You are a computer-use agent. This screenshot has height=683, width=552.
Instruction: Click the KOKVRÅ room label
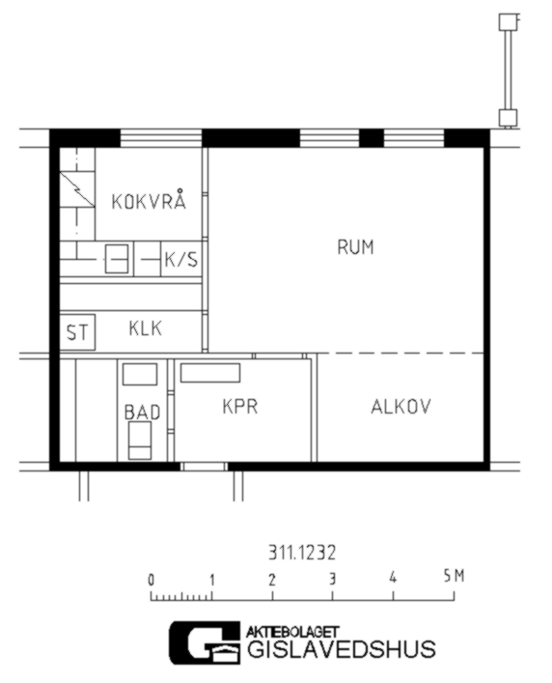coord(149,200)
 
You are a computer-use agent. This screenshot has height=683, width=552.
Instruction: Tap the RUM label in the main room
coord(355,247)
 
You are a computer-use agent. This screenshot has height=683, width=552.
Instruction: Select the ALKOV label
coord(400,407)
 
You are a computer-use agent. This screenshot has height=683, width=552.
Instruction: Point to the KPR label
coord(240,407)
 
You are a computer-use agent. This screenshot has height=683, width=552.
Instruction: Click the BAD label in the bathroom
coord(142,413)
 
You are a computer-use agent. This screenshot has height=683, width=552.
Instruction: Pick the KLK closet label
coord(146,328)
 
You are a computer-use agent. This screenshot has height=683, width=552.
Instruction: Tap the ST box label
coord(77,332)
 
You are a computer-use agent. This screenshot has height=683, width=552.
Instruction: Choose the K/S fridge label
coord(181,260)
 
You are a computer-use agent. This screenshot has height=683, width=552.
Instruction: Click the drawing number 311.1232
coord(302,554)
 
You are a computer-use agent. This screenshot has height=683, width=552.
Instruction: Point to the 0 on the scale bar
coord(151,581)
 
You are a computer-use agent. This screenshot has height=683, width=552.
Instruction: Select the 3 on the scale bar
coord(333,579)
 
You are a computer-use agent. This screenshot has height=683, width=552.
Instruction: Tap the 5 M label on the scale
coord(454,577)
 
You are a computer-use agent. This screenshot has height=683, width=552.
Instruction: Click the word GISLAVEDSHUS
coord(341,648)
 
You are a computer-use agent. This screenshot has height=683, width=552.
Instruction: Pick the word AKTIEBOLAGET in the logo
coord(292,632)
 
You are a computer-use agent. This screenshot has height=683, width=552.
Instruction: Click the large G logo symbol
coord(205,643)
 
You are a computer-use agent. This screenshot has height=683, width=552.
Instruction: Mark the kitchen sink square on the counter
coord(117,259)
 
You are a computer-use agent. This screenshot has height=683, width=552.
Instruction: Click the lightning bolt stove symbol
coord(77,189)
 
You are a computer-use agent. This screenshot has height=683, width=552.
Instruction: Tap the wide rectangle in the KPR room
coord(210,373)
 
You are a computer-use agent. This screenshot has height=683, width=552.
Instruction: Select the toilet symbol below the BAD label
coord(140,441)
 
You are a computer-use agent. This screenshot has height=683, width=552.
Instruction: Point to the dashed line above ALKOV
coord(400,353)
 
